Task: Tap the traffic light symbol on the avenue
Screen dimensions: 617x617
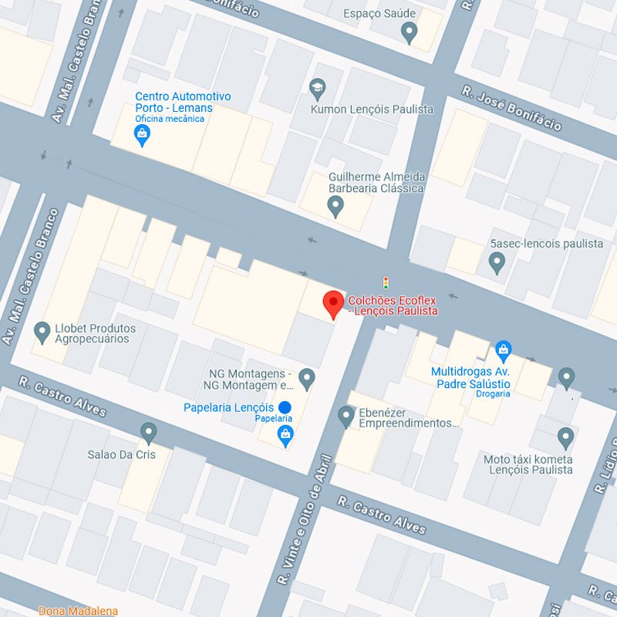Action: tap(386, 282)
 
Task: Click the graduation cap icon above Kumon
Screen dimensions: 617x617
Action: tap(317, 89)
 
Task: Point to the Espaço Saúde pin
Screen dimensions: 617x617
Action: tap(410, 32)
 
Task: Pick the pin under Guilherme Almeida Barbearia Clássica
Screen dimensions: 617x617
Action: tap(335, 206)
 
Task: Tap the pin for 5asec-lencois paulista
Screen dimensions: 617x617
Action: tap(497, 263)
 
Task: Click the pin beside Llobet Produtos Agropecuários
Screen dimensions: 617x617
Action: tap(43, 332)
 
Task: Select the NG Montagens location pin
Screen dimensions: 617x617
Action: tap(307, 378)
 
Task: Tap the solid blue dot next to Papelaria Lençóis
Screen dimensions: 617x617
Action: tap(285, 407)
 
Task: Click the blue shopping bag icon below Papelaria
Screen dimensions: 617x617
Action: tap(285, 437)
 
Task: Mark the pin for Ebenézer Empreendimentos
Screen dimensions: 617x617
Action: tap(346, 416)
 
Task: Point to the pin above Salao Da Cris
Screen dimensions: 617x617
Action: tap(149, 433)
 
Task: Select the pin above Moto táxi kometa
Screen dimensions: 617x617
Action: tap(566, 438)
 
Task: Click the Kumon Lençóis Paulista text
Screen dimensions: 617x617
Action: tap(372, 110)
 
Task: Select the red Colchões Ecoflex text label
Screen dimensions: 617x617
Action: tap(393, 305)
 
